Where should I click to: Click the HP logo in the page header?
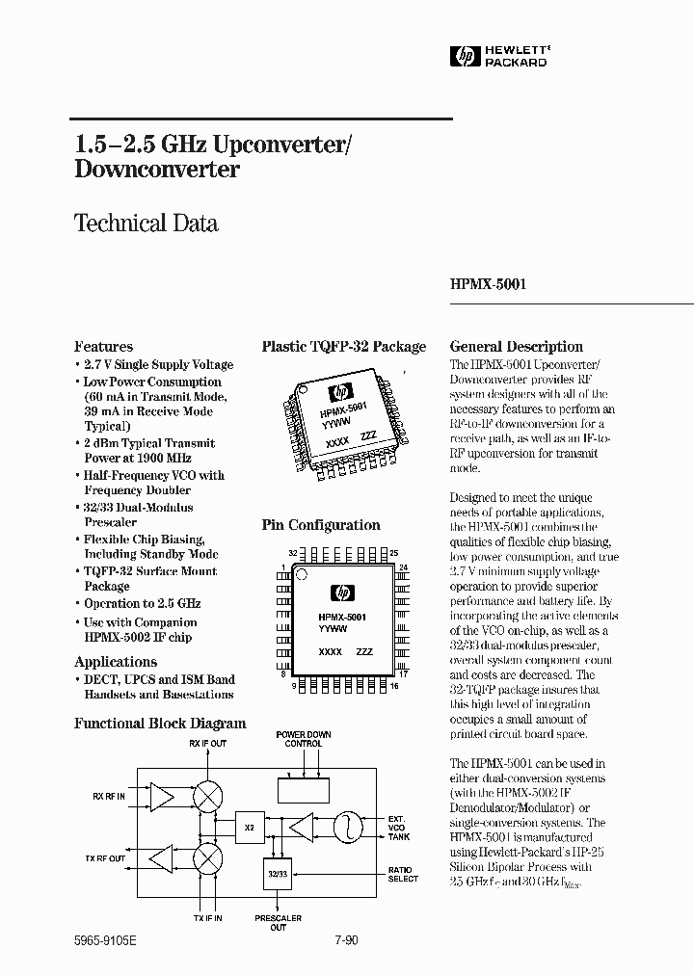point(466,57)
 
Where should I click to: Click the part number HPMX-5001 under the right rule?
point(488,285)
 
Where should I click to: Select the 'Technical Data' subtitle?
point(146,224)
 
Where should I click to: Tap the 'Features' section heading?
point(103,347)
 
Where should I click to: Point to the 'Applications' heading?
point(116,662)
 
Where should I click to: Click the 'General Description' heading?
point(517,347)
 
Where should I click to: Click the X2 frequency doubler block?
point(250,827)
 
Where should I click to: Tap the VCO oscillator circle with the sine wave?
point(345,827)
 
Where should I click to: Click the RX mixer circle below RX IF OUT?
point(206,796)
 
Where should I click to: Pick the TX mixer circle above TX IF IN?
point(206,857)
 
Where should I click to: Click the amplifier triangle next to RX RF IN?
point(159,796)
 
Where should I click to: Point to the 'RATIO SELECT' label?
point(403,873)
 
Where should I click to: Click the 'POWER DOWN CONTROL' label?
point(304,739)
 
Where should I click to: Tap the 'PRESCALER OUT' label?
point(278,923)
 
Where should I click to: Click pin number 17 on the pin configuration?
point(403,673)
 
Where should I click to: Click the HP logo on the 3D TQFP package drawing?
point(338,392)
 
